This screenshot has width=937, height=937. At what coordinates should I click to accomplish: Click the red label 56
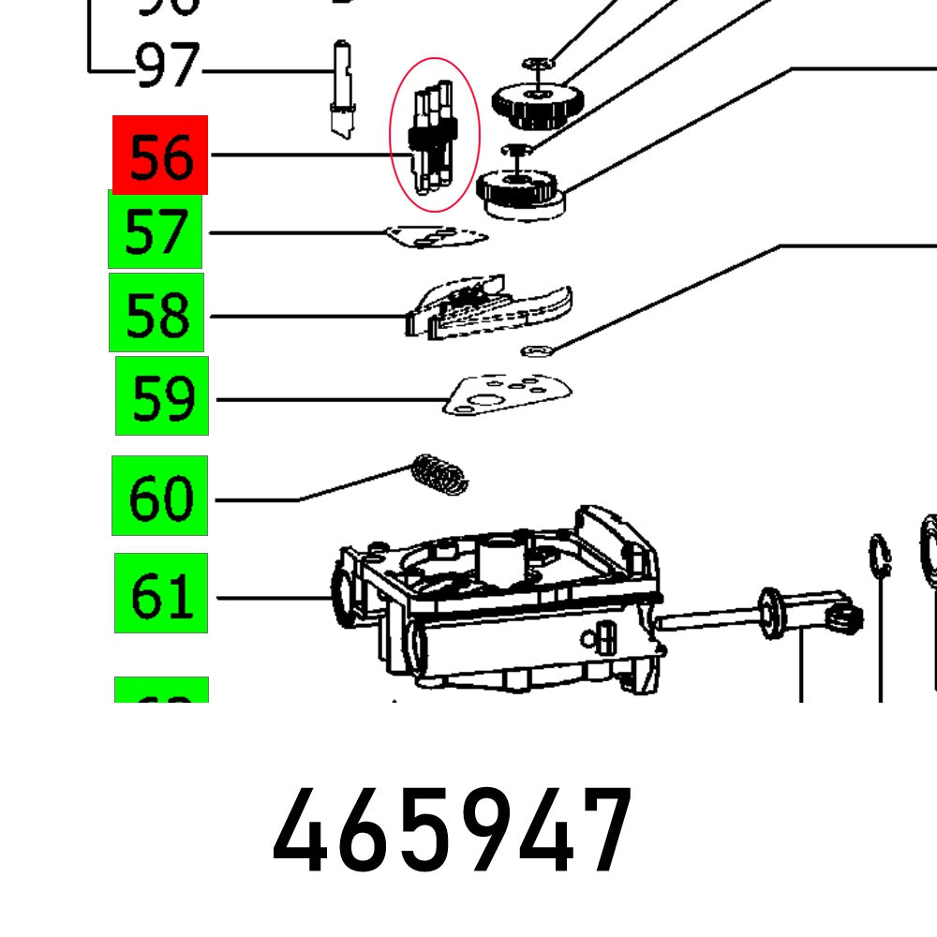pos(160,155)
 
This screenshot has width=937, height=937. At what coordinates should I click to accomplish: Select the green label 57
pos(156,230)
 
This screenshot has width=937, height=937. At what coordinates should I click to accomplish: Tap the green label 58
pos(156,312)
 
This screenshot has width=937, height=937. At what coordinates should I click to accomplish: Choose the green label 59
pos(162,395)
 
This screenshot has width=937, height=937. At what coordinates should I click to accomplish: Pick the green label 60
pos(159,496)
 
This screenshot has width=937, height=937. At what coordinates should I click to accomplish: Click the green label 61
pos(161,593)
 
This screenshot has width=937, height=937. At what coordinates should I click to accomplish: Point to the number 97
pos(168,67)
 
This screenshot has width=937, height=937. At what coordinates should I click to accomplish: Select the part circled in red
pos(434,136)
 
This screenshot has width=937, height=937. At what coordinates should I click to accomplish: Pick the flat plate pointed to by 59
pos(506,394)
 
